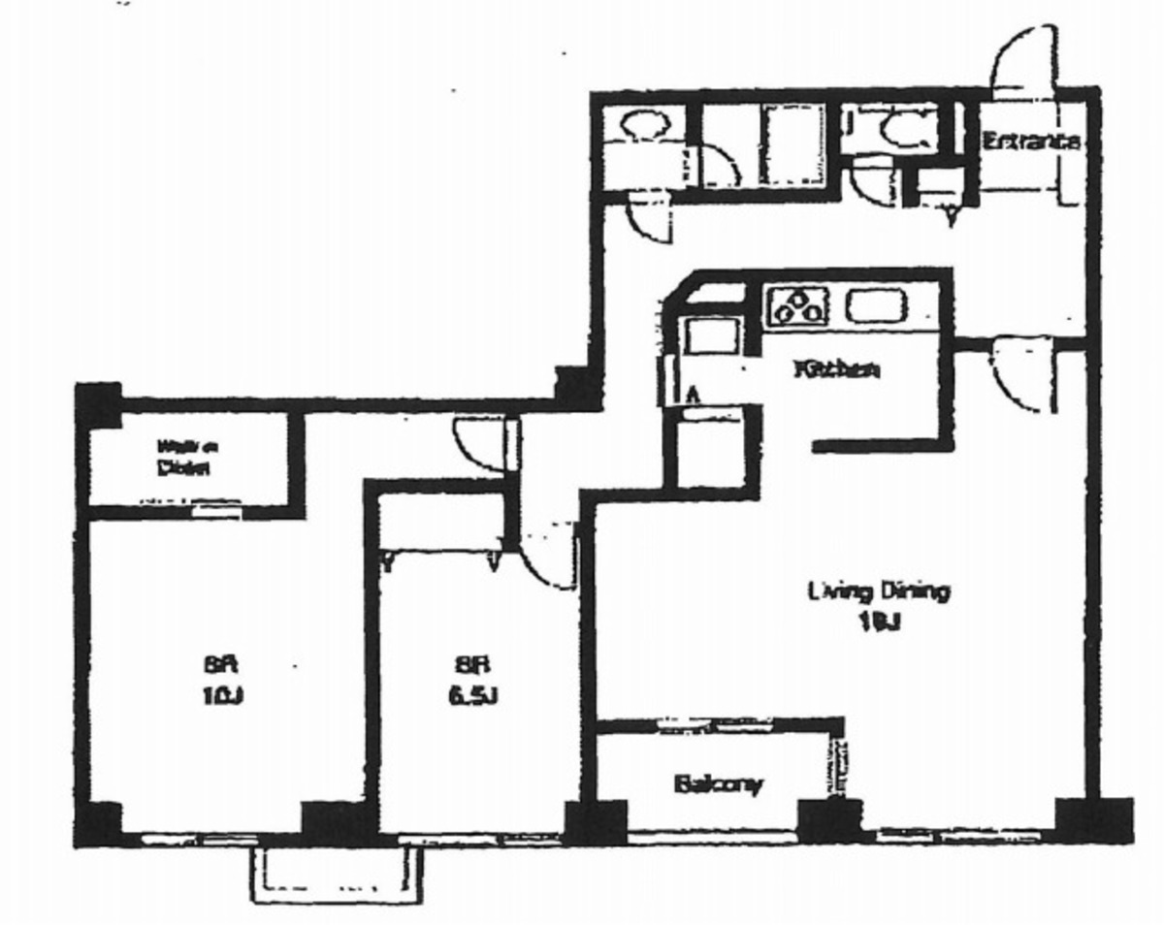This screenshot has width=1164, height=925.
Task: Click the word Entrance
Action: [x=1030, y=142]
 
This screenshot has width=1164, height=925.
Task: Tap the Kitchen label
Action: [x=837, y=369]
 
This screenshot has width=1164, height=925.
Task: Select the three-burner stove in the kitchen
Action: [x=797, y=307]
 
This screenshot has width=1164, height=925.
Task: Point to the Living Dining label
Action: [x=879, y=591]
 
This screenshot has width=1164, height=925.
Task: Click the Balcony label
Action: [x=719, y=783]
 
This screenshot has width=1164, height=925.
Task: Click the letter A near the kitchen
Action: [x=693, y=394]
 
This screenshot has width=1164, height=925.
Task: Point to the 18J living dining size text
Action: [x=878, y=623]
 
